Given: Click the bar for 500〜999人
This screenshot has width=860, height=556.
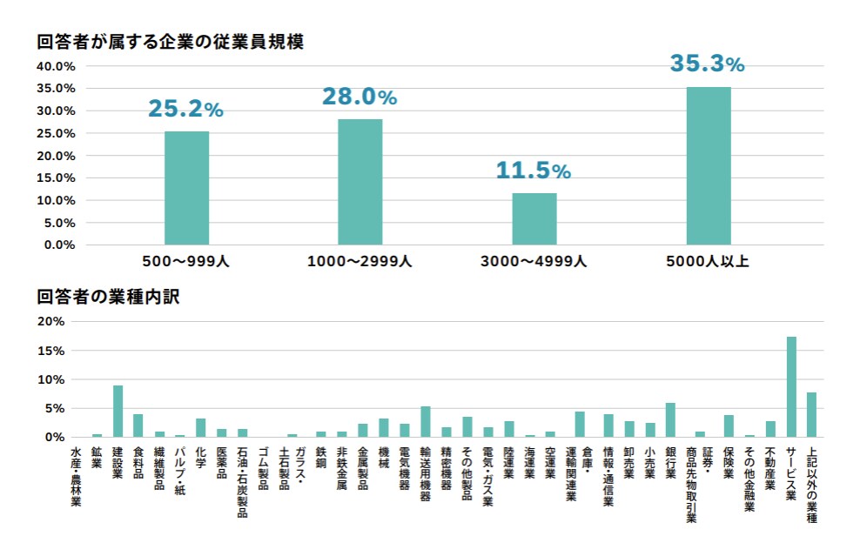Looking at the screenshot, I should click(x=186, y=188).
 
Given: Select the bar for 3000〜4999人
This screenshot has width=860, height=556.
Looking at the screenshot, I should click(x=534, y=218).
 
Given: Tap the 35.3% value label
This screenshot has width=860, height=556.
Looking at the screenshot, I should click(x=707, y=64).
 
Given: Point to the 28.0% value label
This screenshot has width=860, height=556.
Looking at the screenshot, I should click(x=359, y=97).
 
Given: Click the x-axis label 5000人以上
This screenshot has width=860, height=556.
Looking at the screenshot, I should click(x=708, y=260).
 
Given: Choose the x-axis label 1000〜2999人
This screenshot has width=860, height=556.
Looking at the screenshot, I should click(x=359, y=260).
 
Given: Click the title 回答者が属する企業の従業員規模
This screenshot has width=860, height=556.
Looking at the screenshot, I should click(x=170, y=42).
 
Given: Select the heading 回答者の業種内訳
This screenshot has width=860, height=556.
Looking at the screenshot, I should click(x=108, y=296).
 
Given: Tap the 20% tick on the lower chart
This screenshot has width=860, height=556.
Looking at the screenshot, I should click(x=52, y=321).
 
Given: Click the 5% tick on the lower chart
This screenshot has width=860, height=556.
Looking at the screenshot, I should click(x=55, y=408).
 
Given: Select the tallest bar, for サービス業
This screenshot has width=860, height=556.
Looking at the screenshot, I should click(x=791, y=386).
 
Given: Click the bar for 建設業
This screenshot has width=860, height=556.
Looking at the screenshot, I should click(x=118, y=411).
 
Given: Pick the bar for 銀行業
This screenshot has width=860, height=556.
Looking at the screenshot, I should click(x=669, y=419).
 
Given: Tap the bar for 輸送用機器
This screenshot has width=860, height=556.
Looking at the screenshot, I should click(x=426, y=421).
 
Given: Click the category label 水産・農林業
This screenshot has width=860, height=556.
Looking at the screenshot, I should click(x=76, y=476).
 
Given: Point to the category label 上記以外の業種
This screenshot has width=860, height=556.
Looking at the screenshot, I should click(x=812, y=485).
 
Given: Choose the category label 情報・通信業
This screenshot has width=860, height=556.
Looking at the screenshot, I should click(x=608, y=476).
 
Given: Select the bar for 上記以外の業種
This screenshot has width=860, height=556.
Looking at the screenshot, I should click(x=812, y=414).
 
